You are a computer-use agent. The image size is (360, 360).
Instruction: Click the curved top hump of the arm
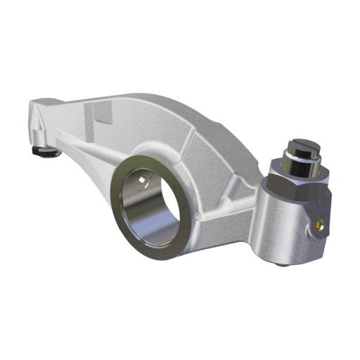(155, 91)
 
